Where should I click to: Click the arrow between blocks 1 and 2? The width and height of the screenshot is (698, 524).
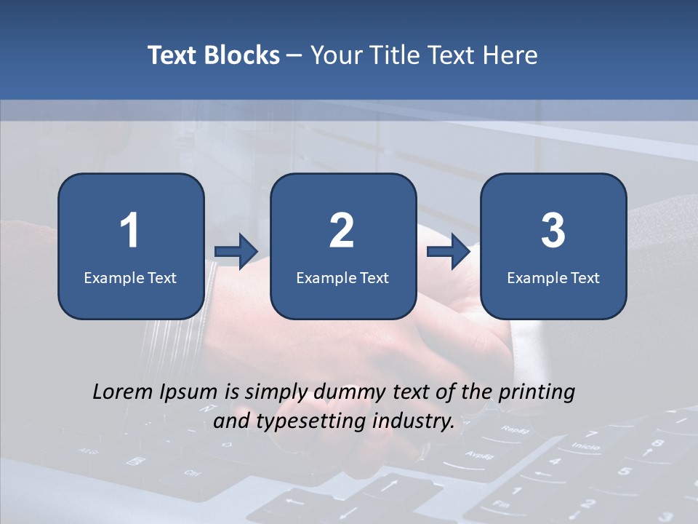click(237, 251)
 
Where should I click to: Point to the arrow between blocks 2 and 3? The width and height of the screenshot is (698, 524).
click(449, 251)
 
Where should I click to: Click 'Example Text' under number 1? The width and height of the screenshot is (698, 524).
click(130, 277)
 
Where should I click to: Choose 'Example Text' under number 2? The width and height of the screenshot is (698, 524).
click(342, 277)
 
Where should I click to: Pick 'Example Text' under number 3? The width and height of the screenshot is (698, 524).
click(553, 277)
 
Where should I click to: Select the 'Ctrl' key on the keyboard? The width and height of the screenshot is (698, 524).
click(193, 473)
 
